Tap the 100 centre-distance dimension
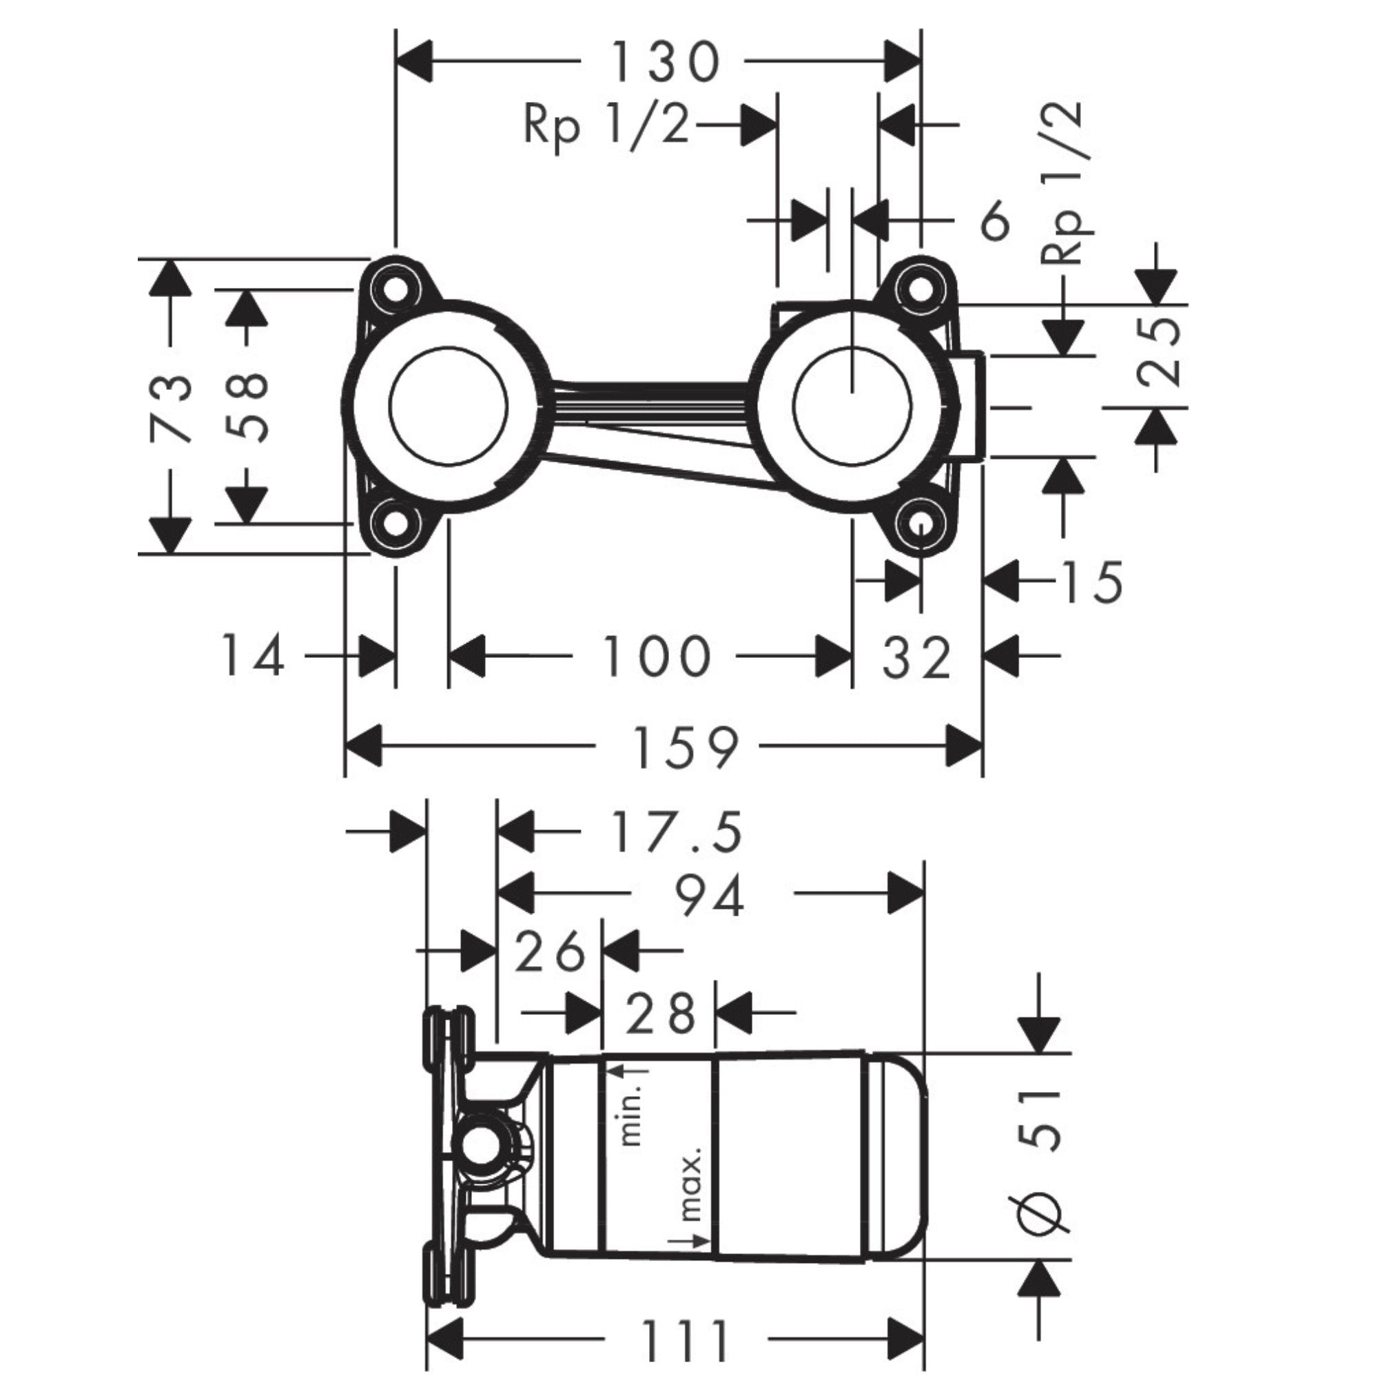(657, 656)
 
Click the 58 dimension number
(247, 408)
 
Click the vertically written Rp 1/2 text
(1067, 183)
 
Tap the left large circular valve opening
(449, 407)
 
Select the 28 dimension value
(660, 1013)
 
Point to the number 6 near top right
(995, 221)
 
